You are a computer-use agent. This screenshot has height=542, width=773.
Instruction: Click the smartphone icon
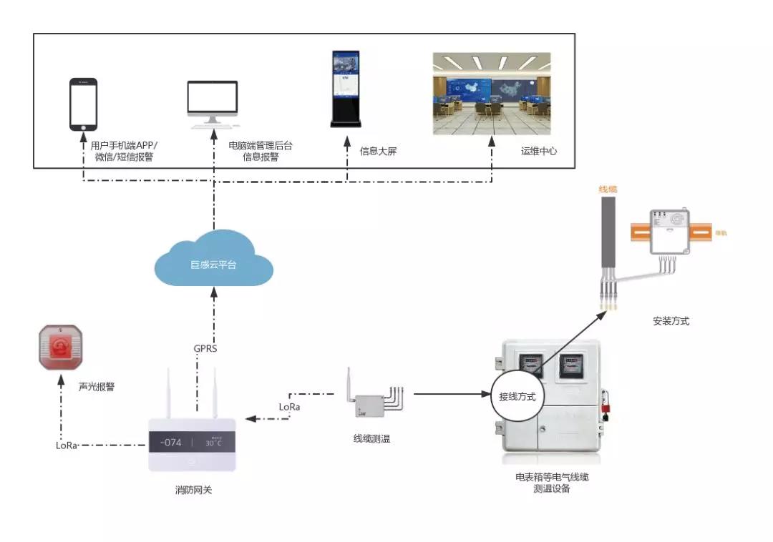click(x=83, y=104)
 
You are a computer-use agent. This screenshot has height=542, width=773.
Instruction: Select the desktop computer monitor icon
click(x=212, y=104)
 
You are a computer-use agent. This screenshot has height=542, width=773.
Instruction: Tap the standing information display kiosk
click(x=346, y=89)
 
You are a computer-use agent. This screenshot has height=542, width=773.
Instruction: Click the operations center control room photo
click(x=492, y=94)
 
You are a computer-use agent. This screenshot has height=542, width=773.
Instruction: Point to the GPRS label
click(x=205, y=349)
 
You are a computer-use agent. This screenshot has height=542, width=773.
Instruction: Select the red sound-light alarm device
click(x=62, y=348)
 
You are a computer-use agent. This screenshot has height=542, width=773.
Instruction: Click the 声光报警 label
click(x=97, y=387)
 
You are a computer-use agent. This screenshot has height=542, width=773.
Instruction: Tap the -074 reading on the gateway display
click(x=172, y=443)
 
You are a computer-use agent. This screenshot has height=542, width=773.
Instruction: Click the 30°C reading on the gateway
click(x=215, y=443)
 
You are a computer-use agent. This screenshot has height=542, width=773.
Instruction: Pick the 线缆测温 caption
click(x=372, y=439)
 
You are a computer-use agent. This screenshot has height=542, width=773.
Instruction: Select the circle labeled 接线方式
click(x=517, y=396)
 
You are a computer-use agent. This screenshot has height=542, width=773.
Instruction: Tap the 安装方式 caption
click(x=671, y=321)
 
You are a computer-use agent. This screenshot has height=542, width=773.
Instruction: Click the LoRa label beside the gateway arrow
click(x=290, y=406)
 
